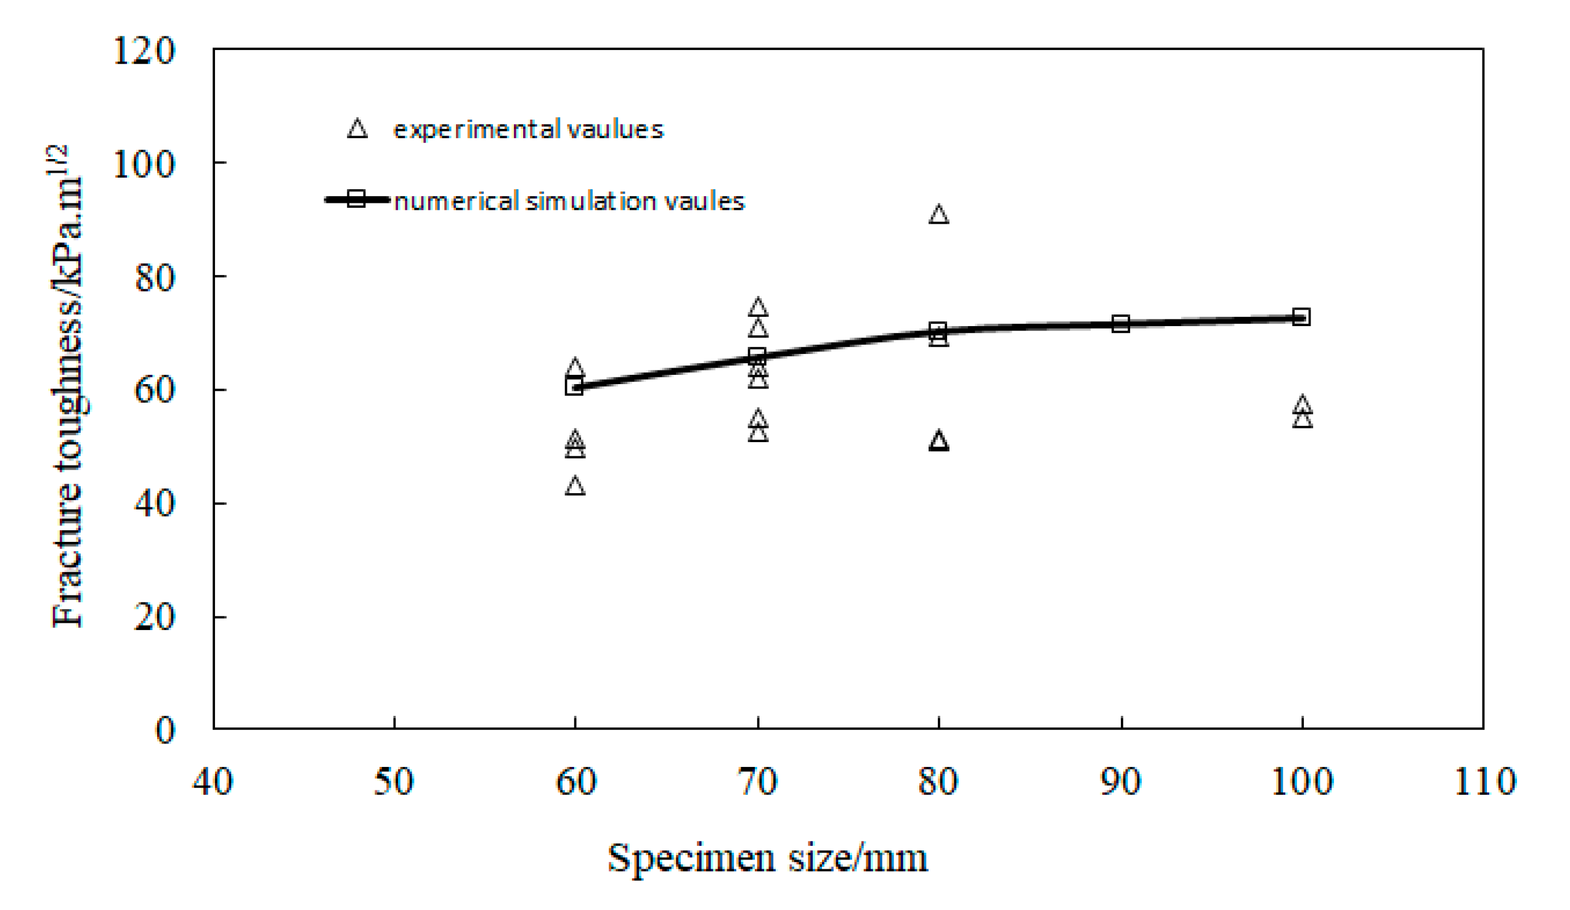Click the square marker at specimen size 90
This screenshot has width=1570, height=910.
(x=1120, y=324)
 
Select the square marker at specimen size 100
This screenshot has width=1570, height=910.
(x=1301, y=318)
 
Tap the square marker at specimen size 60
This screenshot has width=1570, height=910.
(x=574, y=387)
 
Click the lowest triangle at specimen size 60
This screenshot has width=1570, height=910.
(x=575, y=487)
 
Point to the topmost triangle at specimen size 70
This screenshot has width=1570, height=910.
(x=758, y=308)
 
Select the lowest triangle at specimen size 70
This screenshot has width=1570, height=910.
(x=758, y=434)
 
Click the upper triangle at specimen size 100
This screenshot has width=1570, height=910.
(x=1302, y=405)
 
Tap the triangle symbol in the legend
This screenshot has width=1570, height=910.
(x=357, y=129)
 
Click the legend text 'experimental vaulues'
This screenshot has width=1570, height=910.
(x=528, y=129)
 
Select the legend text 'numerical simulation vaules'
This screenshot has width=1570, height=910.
(x=569, y=202)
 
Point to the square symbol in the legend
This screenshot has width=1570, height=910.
(x=356, y=200)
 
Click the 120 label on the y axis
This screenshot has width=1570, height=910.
(x=144, y=51)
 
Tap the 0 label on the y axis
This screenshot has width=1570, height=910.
(x=165, y=731)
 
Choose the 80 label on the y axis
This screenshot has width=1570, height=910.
(x=155, y=278)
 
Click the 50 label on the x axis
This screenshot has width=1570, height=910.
(x=394, y=782)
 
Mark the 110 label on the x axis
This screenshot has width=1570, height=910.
(x=1484, y=782)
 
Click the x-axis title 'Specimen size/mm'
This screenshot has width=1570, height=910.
(x=768, y=858)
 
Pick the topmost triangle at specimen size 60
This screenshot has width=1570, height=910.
(x=575, y=367)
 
